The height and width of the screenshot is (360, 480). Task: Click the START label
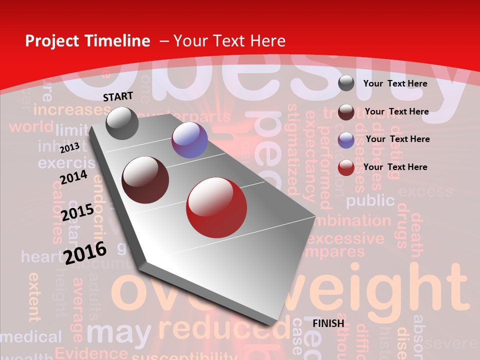[x=118, y=96]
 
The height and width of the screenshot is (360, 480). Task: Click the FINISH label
[x=328, y=323]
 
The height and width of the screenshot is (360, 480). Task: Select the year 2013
[x=69, y=147]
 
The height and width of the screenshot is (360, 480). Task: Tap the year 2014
[x=73, y=177]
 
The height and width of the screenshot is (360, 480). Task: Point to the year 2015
[x=77, y=212]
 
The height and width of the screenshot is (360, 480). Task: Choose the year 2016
[x=85, y=252]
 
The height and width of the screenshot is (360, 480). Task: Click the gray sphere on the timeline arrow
[x=122, y=123]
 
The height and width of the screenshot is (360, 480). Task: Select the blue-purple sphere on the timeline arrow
[x=189, y=140]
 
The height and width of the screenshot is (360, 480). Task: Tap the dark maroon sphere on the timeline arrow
[x=145, y=179]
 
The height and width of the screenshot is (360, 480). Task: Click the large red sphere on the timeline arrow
[x=216, y=207]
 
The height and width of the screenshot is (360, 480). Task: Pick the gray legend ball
[x=346, y=83]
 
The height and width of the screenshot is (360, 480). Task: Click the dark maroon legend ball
[x=346, y=112]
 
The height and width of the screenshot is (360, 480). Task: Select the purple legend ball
[x=346, y=140]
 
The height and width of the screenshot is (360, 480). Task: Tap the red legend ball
[x=346, y=167]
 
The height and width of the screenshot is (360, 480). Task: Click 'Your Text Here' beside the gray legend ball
[x=395, y=83]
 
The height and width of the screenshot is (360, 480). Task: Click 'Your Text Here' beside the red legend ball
[x=395, y=167]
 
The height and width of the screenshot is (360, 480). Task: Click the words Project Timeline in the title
[x=87, y=41]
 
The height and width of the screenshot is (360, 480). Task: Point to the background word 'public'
[x=370, y=200]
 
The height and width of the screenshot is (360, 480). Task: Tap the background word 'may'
[x=119, y=331]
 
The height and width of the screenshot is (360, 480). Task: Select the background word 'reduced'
[x=224, y=328]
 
